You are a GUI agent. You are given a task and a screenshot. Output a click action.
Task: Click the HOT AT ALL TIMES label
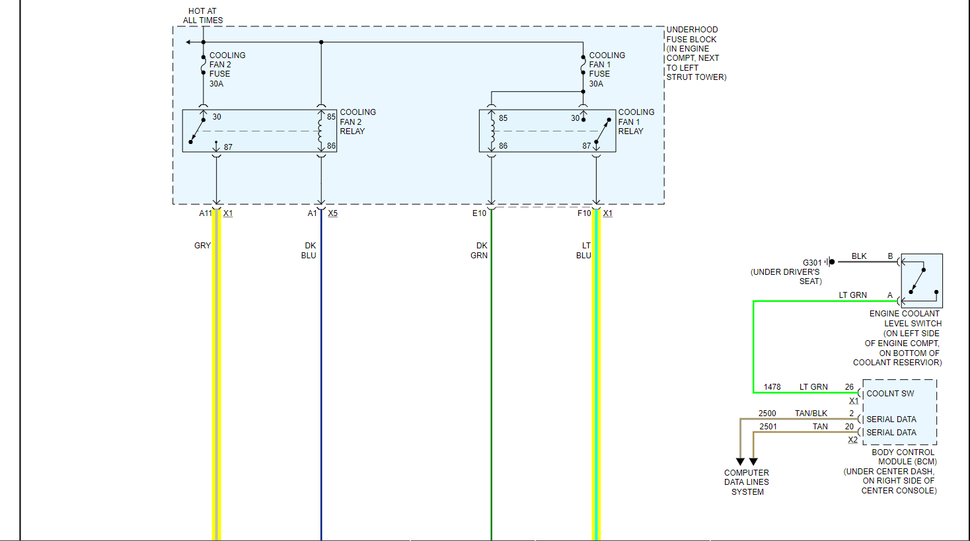(203, 16)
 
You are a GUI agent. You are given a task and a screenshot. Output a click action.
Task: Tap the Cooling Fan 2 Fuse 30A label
(227, 69)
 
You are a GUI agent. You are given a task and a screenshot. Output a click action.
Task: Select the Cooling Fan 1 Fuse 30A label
(607, 69)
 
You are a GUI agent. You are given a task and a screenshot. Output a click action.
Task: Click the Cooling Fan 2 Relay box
(259, 131)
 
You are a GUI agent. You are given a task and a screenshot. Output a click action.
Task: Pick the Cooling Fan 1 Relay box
(547, 131)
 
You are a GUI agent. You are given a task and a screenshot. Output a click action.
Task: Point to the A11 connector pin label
(205, 213)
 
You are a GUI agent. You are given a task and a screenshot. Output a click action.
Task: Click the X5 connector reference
(332, 213)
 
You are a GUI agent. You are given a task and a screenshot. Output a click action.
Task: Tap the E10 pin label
(479, 213)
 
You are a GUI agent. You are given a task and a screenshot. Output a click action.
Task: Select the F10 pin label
(584, 213)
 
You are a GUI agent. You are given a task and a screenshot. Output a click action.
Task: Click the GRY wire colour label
(202, 246)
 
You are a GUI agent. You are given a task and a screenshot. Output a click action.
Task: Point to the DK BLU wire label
(309, 250)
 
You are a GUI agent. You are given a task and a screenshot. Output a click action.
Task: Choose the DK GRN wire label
(480, 250)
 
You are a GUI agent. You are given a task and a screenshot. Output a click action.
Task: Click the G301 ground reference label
(812, 263)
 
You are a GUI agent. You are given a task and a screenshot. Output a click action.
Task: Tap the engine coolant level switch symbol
(921, 281)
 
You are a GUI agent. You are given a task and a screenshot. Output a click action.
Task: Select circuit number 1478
(772, 387)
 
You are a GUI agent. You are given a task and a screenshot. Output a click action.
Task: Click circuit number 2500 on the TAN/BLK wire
(767, 414)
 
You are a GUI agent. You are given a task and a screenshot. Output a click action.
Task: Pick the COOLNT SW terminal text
(890, 394)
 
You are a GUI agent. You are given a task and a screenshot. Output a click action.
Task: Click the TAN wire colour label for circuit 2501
(820, 427)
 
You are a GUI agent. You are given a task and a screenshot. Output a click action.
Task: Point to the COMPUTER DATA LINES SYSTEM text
(747, 482)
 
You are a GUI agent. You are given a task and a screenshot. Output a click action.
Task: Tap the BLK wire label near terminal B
(859, 256)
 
